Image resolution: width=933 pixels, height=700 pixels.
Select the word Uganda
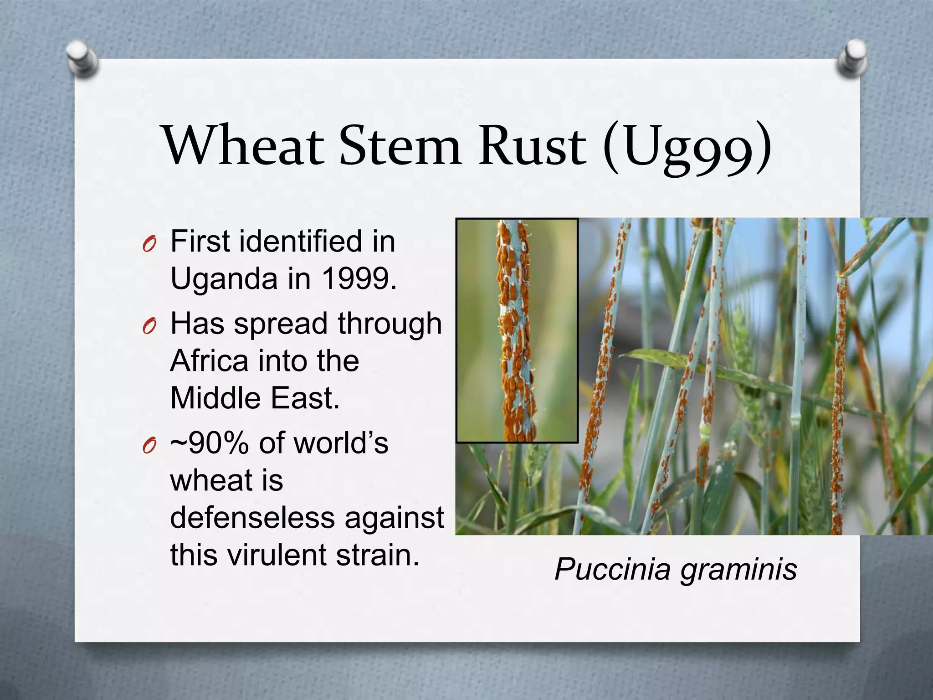(x=224, y=279)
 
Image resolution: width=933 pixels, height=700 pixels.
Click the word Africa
(x=209, y=361)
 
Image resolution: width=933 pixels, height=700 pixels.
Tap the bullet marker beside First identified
(x=149, y=245)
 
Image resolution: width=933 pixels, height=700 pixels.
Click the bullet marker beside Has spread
(x=149, y=327)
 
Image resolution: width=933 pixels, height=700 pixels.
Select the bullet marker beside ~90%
(x=149, y=447)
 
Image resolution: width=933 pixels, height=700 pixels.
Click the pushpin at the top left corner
(x=82, y=59)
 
